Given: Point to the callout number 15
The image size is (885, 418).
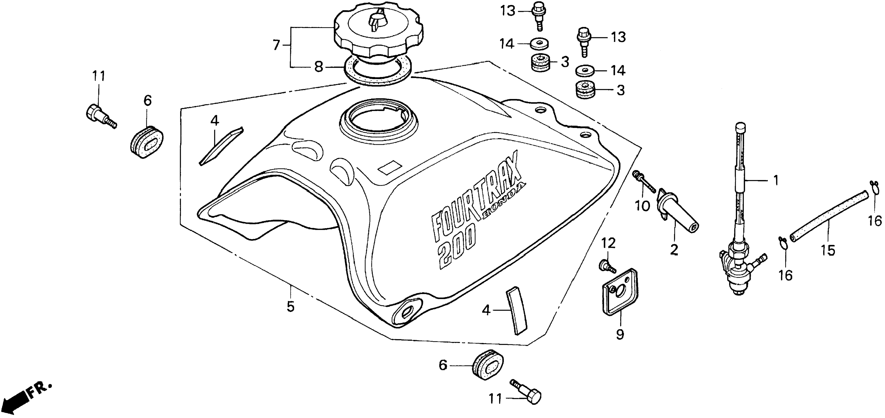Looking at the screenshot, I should point(828,251).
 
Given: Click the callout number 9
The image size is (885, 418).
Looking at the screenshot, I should point(620,334).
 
